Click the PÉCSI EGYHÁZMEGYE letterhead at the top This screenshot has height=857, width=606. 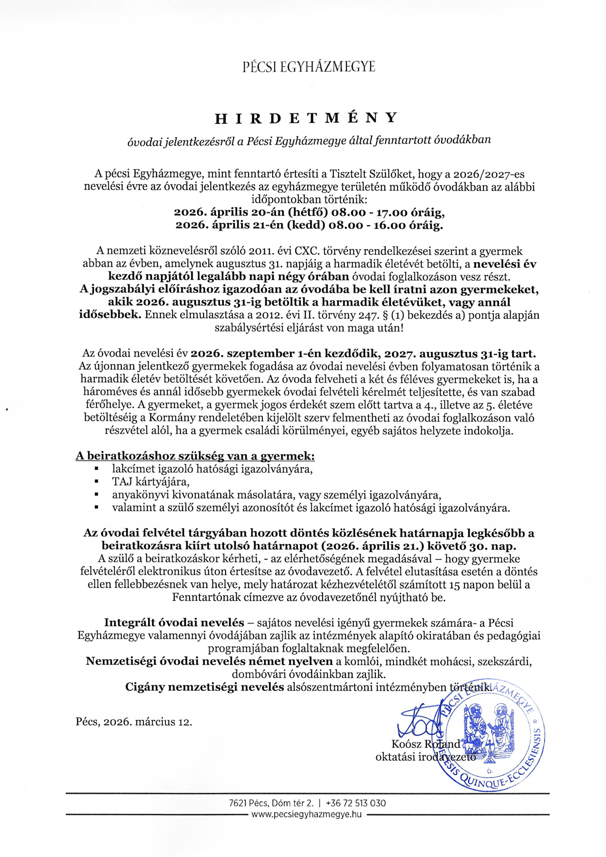[308, 67]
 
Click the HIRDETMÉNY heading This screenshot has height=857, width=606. [306, 118]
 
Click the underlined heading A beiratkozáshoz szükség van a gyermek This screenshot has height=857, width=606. [195, 456]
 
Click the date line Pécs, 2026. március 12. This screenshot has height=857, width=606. [134, 721]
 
